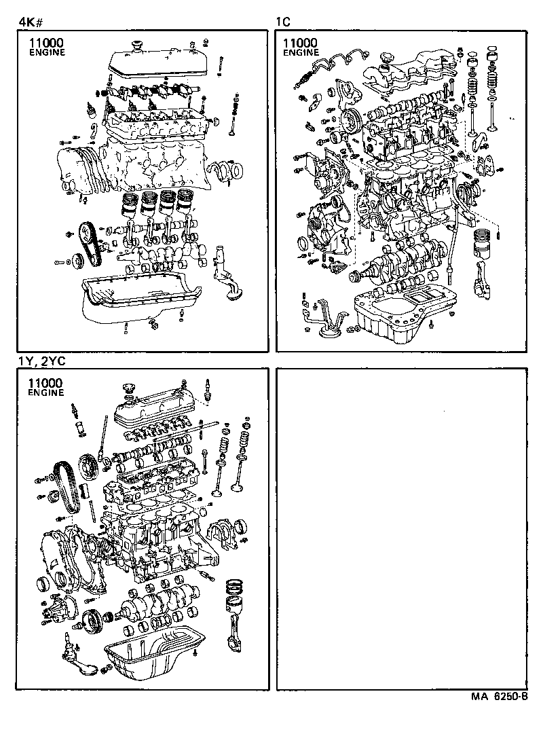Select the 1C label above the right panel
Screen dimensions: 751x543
click(x=283, y=22)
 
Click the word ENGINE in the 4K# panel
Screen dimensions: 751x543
click(x=47, y=53)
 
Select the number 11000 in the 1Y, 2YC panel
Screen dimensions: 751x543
click(x=46, y=382)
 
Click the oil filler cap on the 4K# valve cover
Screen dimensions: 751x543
click(x=136, y=48)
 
